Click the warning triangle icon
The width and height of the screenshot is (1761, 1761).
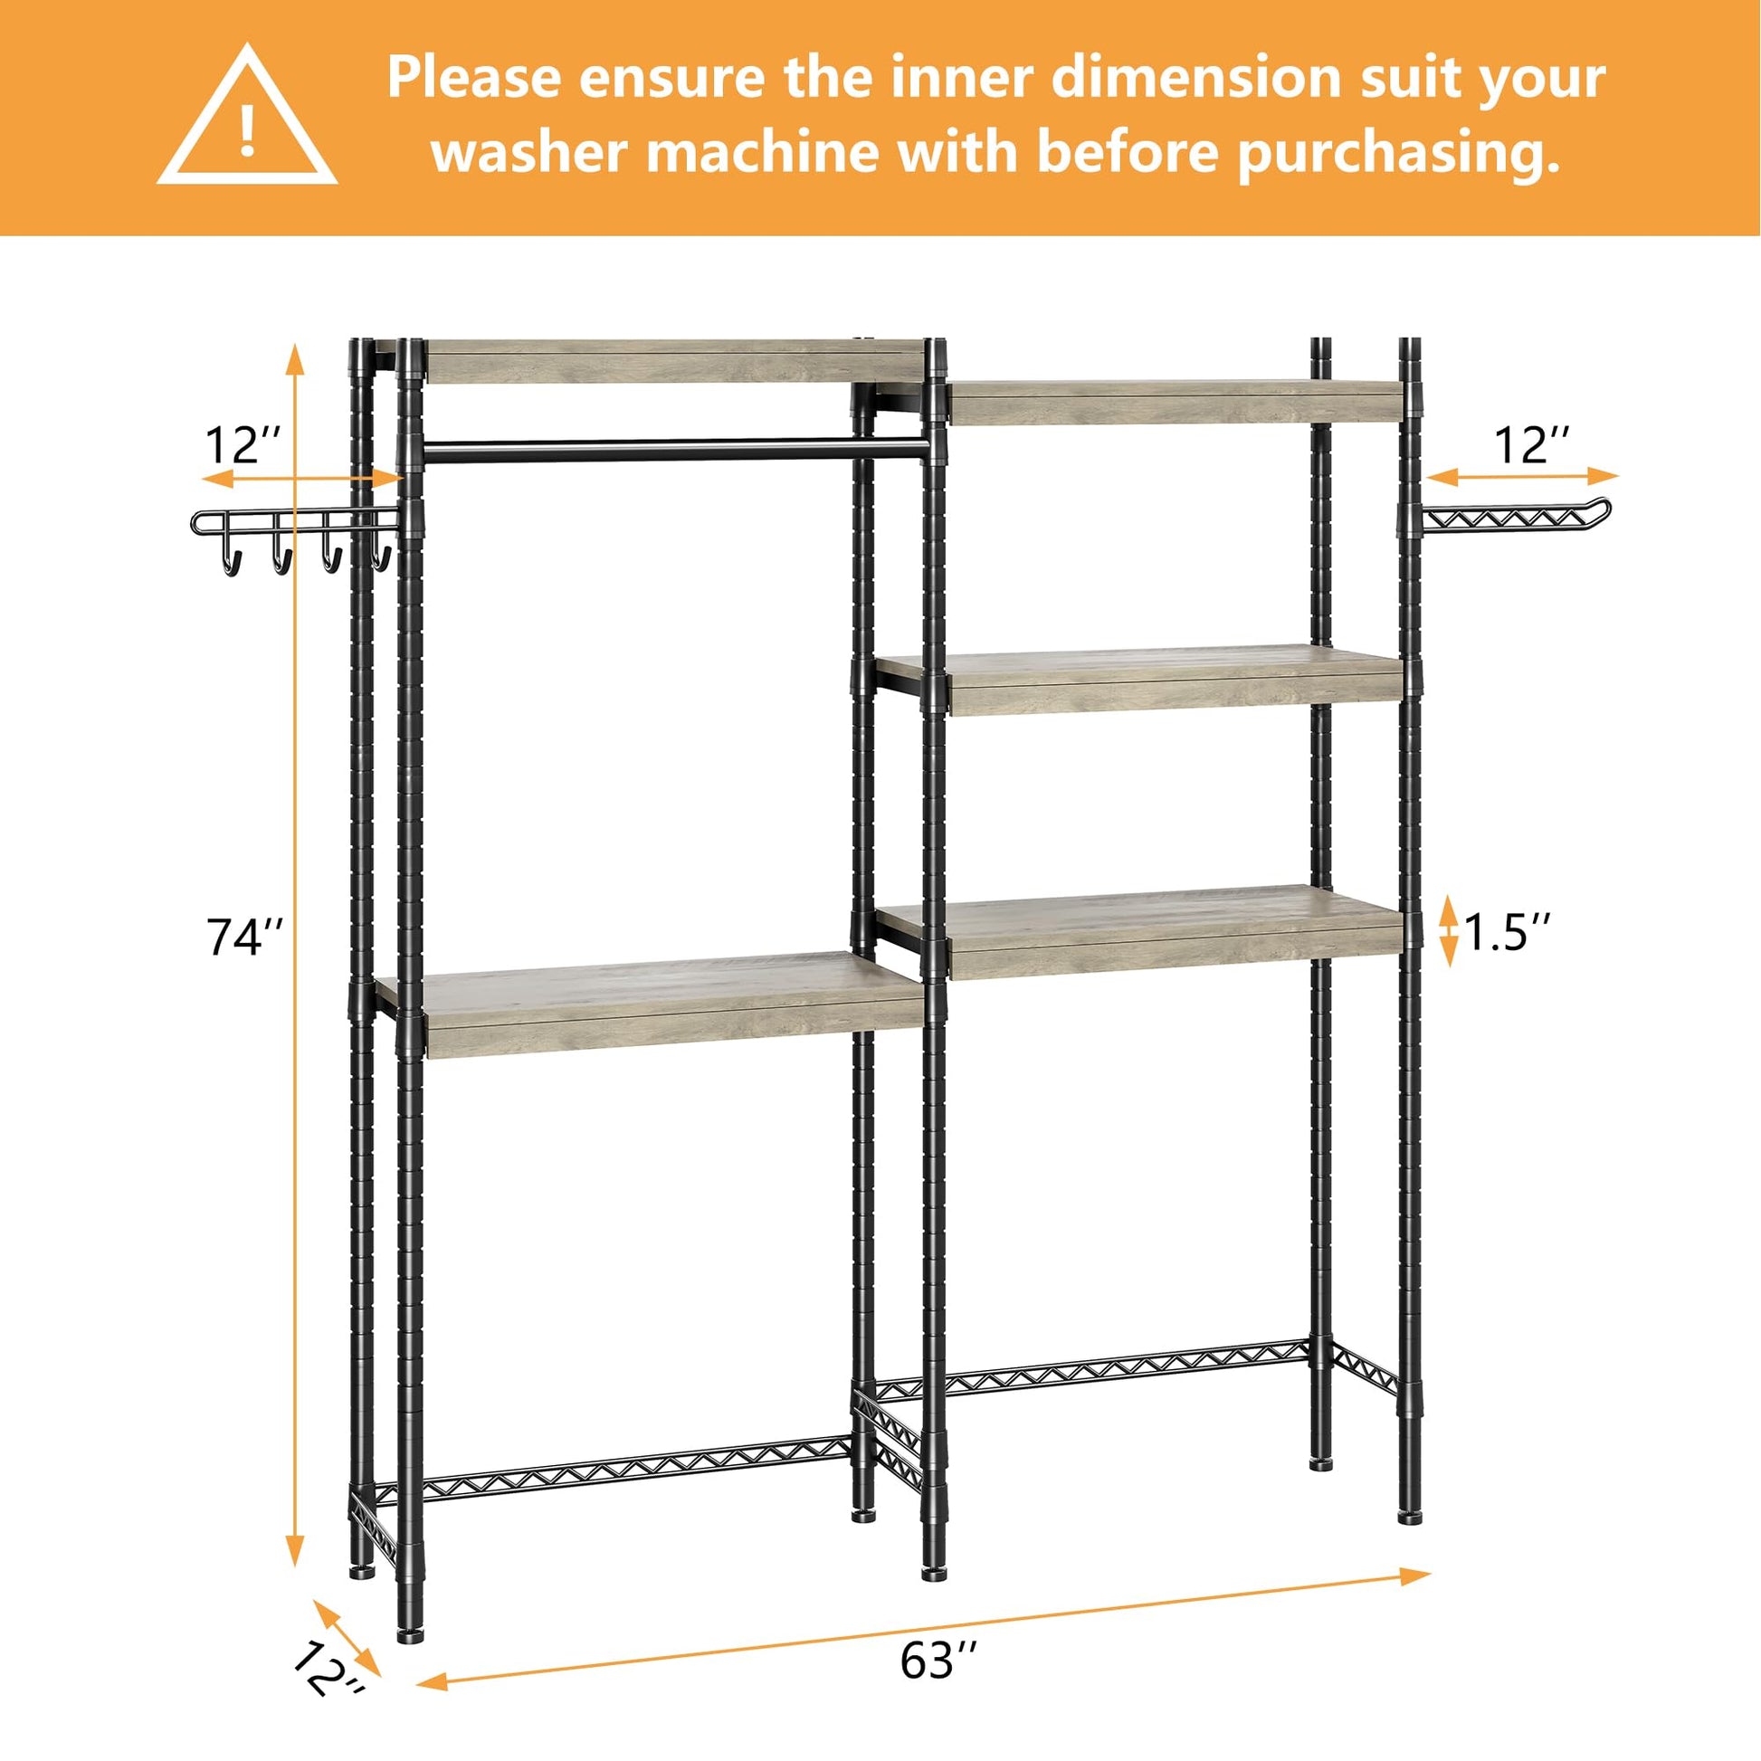point(247,117)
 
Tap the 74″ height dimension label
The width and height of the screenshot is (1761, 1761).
point(245,936)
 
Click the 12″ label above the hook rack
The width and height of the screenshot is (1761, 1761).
point(242,446)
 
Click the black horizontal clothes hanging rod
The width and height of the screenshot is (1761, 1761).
point(675,450)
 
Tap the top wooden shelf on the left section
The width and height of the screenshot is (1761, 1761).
point(675,361)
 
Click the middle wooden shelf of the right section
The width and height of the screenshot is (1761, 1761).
point(1139,680)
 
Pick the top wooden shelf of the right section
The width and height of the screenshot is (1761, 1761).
point(1176,402)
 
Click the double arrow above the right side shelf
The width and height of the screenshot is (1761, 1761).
point(1523,475)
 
